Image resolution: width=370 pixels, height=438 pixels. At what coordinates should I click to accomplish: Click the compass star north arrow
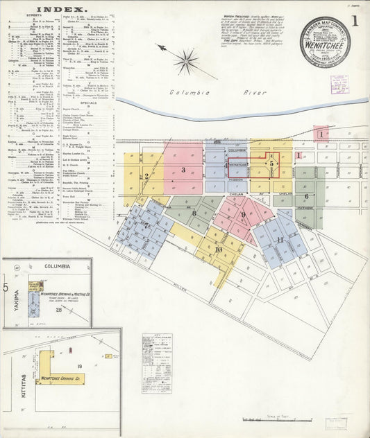coord(185,61)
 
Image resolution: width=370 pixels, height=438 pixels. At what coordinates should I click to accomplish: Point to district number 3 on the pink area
coord(183,170)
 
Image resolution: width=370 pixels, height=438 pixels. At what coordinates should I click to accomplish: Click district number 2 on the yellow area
coord(147,176)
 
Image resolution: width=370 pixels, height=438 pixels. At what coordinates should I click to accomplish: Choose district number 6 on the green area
coord(306,196)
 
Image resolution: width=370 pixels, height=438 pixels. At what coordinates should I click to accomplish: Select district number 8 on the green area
coord(194,214)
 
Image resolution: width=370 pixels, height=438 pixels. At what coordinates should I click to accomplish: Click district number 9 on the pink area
coord(243,215)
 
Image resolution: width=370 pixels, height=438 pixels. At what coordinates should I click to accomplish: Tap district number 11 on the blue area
coord(279,240)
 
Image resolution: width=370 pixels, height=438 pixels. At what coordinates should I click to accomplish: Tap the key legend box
coord(156,363)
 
